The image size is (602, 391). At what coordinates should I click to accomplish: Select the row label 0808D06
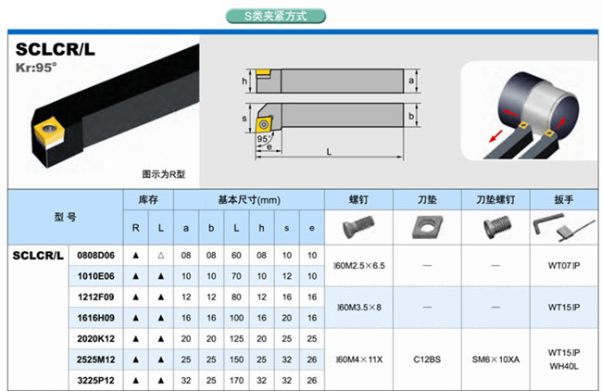point(95,255)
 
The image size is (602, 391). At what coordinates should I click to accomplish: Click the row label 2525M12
point(95,359)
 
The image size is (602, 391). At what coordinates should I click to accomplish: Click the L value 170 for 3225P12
point(239,380)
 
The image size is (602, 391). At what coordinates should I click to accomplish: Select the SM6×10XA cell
point(496,359)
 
